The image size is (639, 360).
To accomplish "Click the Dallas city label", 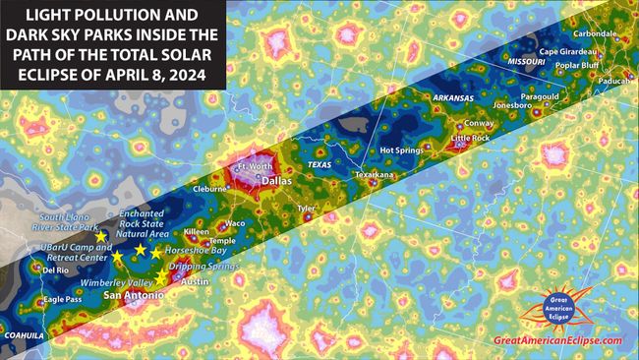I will click(278, 181).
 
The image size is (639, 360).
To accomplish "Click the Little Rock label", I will click(470, 139).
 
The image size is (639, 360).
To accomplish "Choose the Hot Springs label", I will click(400, 150).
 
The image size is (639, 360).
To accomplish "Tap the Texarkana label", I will click(375, 175).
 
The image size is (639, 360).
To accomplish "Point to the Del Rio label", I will click(55, 270).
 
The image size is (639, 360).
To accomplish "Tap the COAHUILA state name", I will click(23, 334).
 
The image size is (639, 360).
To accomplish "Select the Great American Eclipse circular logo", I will click(556, 308).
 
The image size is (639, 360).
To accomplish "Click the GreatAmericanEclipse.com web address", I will click(557, 340).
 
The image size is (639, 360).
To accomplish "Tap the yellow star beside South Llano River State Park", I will click(101, 237).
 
